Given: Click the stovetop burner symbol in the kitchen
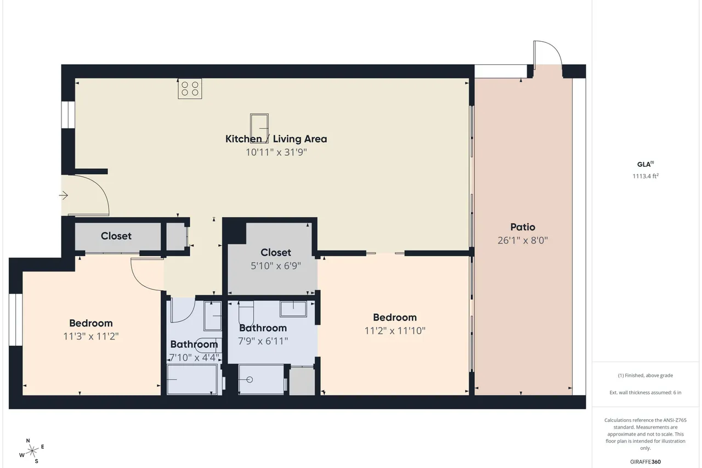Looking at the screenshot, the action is pyautogui.click(x=190, y=89).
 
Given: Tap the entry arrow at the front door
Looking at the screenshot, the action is pyautogui.click(x=64, y=196).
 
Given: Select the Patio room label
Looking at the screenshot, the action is pyautogui.click(x=523, y=227).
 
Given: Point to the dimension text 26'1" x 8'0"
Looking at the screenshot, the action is pyautogui.click(x=523, y=240).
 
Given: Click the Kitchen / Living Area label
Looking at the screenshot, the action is pyautogui.click(x=276, y=139).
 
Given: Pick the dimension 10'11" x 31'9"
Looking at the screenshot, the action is pyautogui.click(x=276, y=153).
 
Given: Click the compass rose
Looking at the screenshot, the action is pyautogui.click(x=32, y=452).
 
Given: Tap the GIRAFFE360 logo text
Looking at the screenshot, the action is pyautogui.click(x=646, y=462).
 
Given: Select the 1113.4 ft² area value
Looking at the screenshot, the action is pyautogui.click(x=646, y=176).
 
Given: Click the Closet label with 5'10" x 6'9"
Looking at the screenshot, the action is pyautogui.click(x=276, y=252).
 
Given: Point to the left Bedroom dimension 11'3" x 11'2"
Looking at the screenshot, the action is pyautogui.click(x=91, y=336).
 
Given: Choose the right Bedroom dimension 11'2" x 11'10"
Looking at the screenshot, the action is pyautogui.click(x=395, y=331).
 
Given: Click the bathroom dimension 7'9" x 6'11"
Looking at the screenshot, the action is pyautogui.click(x=263, y=341).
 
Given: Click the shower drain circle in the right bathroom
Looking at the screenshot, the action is pyautogui.click(x=250, y=380).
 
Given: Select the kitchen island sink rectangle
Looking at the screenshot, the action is pyautogui.click(x=259, y=129).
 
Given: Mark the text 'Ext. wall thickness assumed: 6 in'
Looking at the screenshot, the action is pyautogui.click(x=646, y=392).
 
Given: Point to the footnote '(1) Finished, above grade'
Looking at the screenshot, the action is pyautogui.click(x=646, y=375).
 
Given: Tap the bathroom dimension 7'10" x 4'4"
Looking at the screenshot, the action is pyautogui.click(x=194, y=358).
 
